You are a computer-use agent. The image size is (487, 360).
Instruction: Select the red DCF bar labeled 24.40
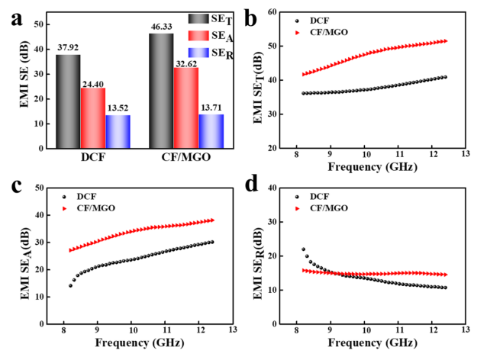tap(92, 118)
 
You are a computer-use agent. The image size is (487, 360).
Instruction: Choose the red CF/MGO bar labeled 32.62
tap(185, 108)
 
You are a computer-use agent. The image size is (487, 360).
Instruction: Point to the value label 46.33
tap(161, 27)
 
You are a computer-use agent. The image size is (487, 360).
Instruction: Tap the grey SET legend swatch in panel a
tap(202, 18)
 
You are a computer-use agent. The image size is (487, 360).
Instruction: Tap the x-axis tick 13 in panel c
tap(232, 329)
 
